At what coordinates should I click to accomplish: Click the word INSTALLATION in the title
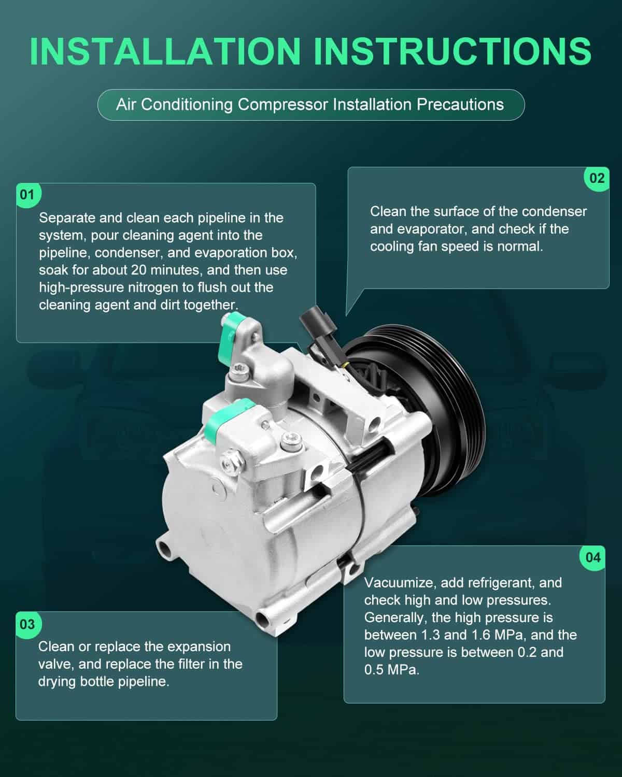pyautogui.click(x=165, y=52)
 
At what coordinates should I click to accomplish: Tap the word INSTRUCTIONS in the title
pyautogui.click(x=453, y=52)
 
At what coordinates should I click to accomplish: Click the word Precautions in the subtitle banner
pyautogui.click(x=460, y=104)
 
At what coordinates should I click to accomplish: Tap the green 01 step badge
pyautogui.click(x=29, y=195)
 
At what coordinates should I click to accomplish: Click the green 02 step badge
pyautogui.click(x=597, y=179)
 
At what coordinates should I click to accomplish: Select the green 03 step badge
pyautogui.click(x=28, y=625)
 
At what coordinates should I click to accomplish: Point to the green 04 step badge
pyautogui.click(x=592, y=558)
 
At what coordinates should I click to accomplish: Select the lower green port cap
pyautogui.click(x=228, y=419)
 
